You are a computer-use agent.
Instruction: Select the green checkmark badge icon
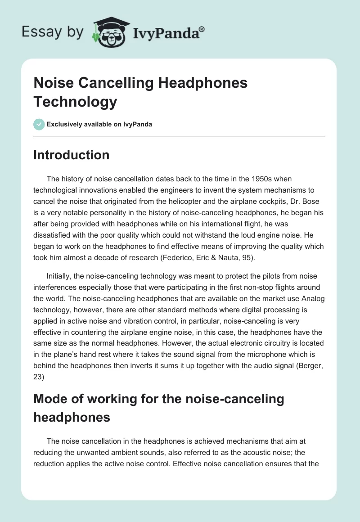point(39,124)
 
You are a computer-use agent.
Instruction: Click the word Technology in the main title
point(75,101)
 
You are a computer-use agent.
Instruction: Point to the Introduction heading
point(72,155)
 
